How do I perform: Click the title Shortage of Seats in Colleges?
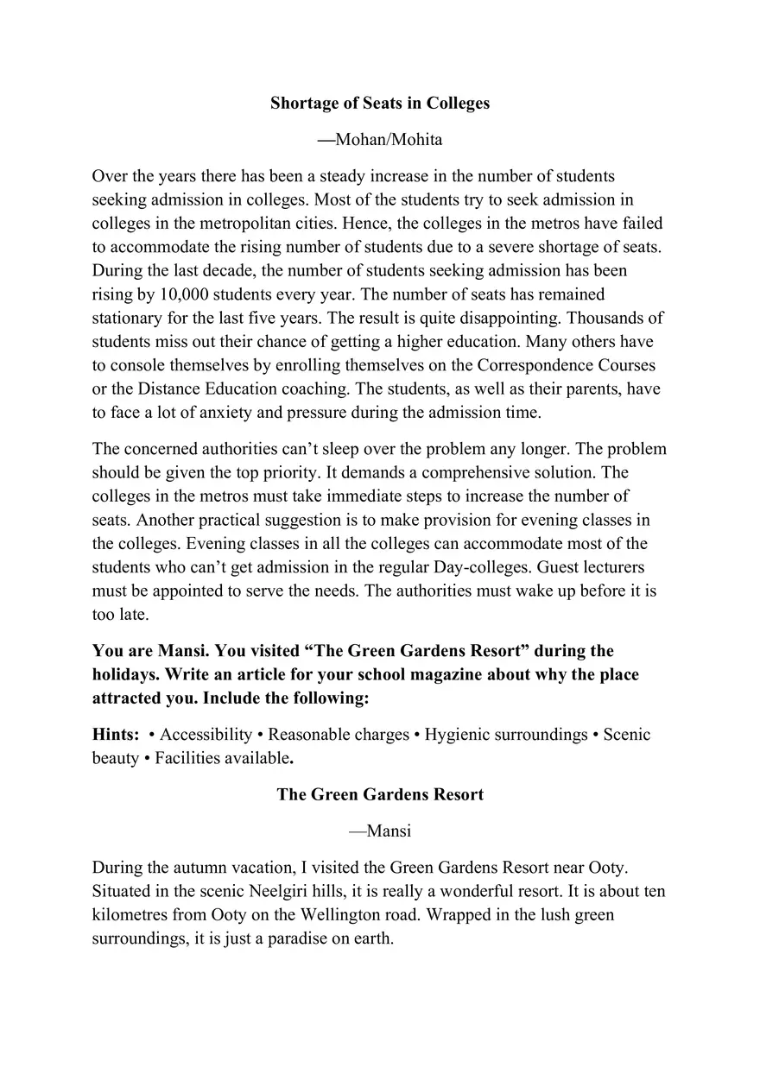380,104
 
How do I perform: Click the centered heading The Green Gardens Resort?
380,794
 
